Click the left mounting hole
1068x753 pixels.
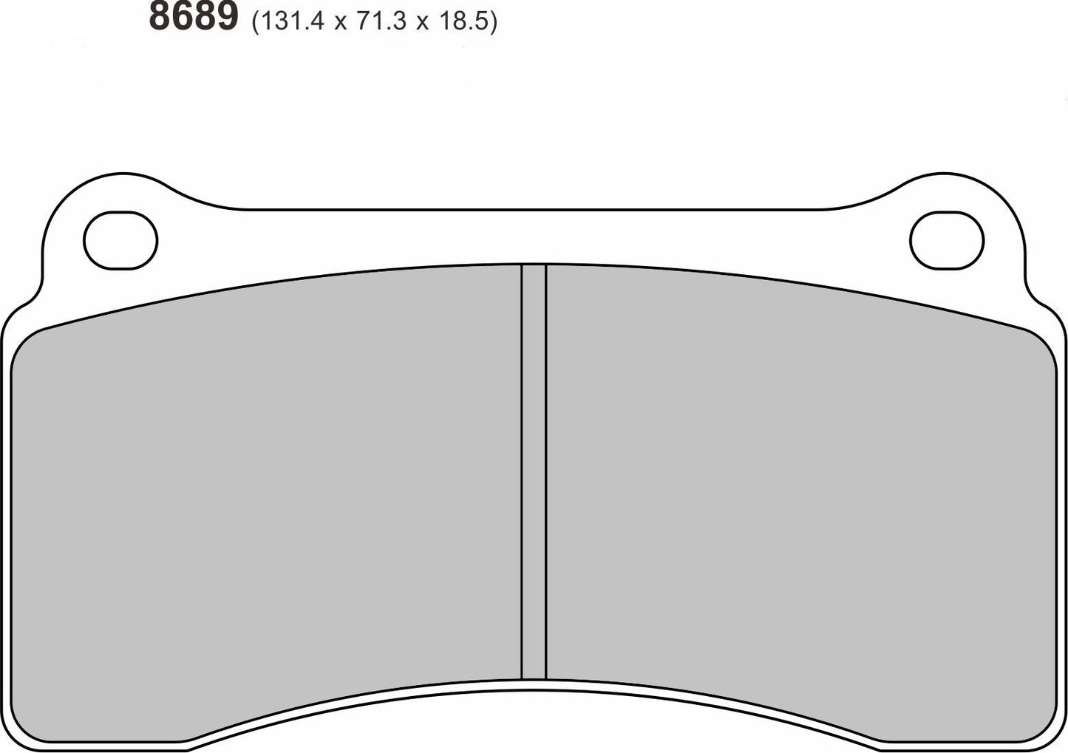click(x=121, y=239)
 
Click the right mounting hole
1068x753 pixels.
click(x=947, y=239)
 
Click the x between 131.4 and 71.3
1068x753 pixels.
click(x=340, y=24)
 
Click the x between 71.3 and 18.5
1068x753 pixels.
click(x=423, y=24)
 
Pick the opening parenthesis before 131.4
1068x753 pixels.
click(x=256, y=22)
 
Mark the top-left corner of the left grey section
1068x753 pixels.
click(x=30, y=340)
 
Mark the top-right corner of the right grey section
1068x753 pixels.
click(x=1038, y=340)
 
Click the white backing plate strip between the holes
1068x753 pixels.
click(x=534, y=236)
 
